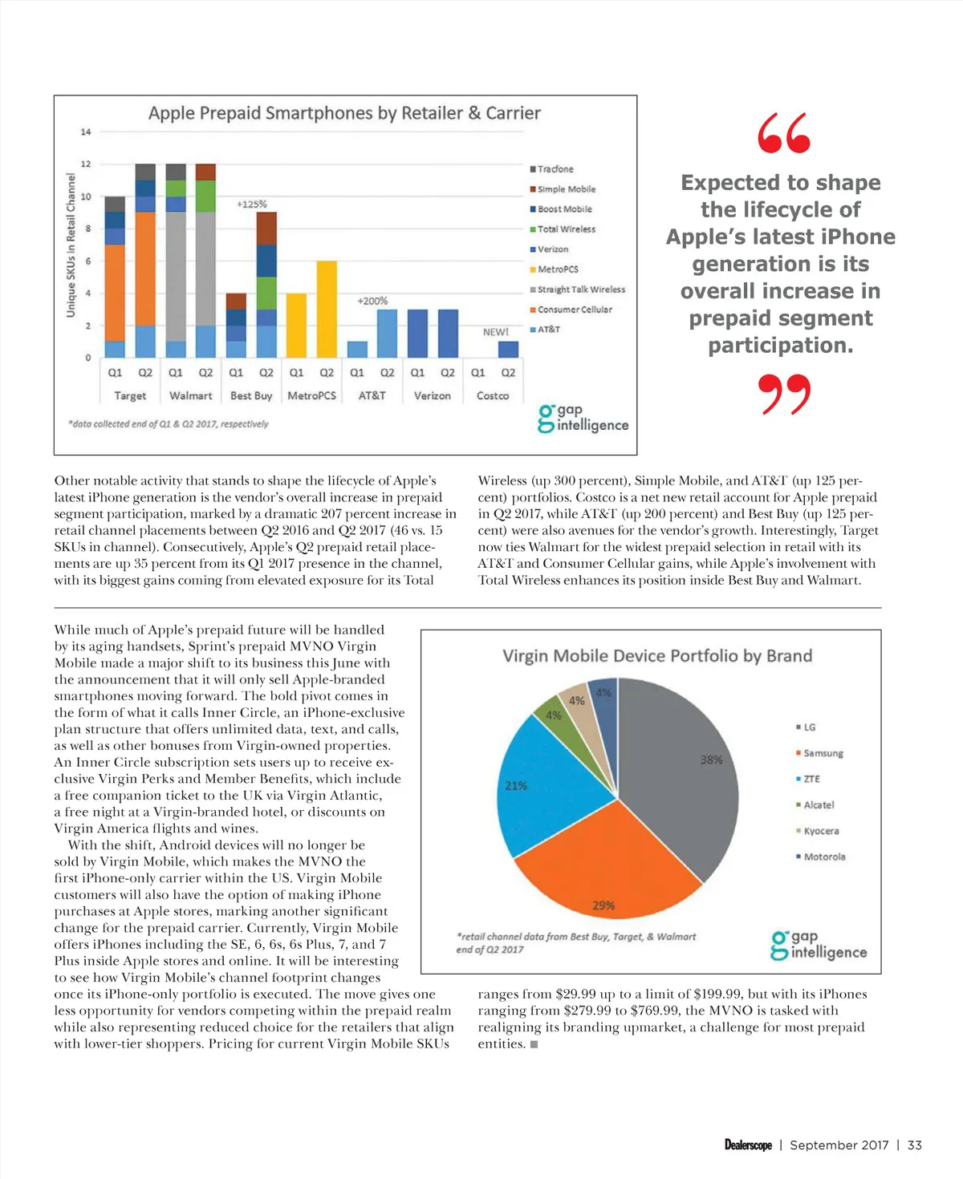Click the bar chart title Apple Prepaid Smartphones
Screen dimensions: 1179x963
pos(344,113)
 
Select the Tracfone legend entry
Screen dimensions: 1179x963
pos(555,169)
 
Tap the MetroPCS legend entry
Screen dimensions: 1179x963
pos(557,269)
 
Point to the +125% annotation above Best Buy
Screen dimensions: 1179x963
pos(252,205)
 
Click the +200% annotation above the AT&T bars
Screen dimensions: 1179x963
pos(372,301)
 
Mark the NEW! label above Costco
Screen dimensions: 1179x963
pos(495,332)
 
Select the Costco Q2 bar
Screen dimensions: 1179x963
pos(508,349)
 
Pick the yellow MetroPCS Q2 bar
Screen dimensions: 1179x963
pos(327,309)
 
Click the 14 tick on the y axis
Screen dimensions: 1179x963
pos(86,132)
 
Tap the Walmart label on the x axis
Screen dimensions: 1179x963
pos(191,395)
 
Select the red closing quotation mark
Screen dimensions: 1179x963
pos(784,394)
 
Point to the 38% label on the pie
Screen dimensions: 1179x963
pos(711,760)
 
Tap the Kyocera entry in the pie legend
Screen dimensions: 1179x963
pos(820,831)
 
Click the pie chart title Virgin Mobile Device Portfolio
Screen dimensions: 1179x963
pos(657,656)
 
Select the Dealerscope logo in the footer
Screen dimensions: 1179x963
pos(748,1145)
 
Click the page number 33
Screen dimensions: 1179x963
pos(914,1145)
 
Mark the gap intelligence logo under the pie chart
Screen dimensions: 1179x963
pos(819,946)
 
